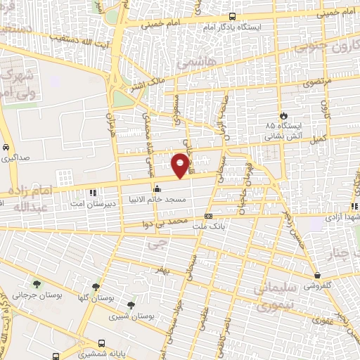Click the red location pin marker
181,165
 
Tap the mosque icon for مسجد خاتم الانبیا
157,188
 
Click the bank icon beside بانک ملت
208,216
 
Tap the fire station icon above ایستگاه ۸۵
282,115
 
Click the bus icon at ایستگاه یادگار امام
232,17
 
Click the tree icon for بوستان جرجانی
36,284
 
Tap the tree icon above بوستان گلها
95,287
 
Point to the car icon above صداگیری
6,148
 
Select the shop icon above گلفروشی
319,276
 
